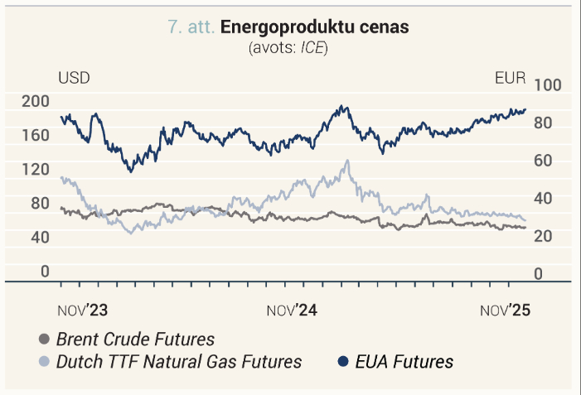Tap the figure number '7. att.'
tap(191, 26)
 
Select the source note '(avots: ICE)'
tap(288, 48)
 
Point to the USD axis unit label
tap(74, 78)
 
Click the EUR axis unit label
tap(511, 78)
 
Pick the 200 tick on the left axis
tap(36, 101)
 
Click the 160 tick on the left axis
tap(36, 135)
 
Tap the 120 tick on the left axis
tap(36, 169)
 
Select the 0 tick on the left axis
tap(45, 272)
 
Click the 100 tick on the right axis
tap(548, 85)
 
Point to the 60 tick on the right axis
tap(543, 161)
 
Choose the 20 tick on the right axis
tap(543, 236)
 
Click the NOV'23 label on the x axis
tap(83, 311)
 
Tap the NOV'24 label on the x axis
tap(292, 311)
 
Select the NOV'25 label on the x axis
tap(506, 311)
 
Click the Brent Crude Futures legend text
tap(136, 339)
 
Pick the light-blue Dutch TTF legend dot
tap(44, 361)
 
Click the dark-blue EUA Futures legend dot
tap(343, 361)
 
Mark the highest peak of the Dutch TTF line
tap(347, 161)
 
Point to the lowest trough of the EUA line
tap(130, 171)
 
